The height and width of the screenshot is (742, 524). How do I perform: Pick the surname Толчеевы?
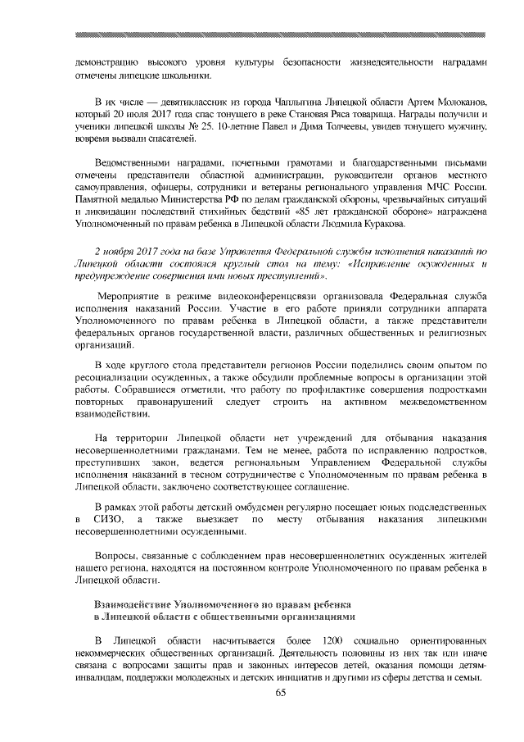click(x=307, y=126)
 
